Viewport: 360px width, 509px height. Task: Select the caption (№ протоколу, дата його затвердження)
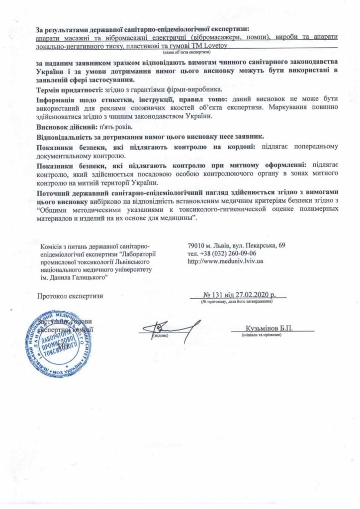(238, 302)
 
